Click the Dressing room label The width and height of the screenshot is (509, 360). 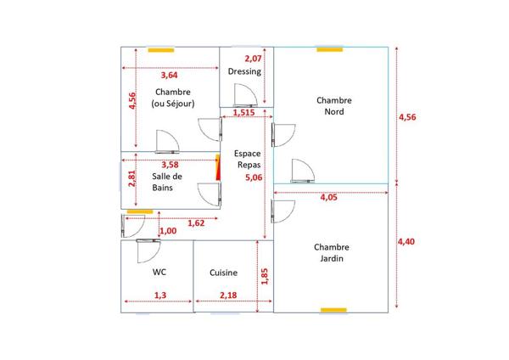tap(244, 71)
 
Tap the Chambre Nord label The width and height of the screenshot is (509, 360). tap(334, 106)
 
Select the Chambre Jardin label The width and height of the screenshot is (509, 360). tap(332, 253)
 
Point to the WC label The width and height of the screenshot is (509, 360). tap(159, 272)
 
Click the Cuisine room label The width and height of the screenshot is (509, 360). tap(223, 273)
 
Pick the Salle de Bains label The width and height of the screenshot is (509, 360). tap(167, 182)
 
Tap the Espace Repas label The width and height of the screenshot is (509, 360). tap(248, 160)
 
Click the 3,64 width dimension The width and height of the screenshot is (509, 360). tap(169, 76)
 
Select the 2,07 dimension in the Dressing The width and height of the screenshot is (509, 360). tap(253, 59)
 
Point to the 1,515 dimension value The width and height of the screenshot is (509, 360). tap(243, 113)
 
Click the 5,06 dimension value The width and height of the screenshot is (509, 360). tap(254, 177)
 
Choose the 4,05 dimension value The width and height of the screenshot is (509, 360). tap(329, 197)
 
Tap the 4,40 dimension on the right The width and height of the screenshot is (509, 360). tap(406, 241)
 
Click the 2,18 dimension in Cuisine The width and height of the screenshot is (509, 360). tap(228, 295)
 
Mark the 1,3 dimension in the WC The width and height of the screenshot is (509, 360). tap(160, 295)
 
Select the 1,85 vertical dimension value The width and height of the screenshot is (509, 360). tap(265, 277)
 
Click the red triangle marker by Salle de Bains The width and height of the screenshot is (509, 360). tap(218, 167)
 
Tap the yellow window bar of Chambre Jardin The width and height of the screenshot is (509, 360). tap(333, 310)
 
